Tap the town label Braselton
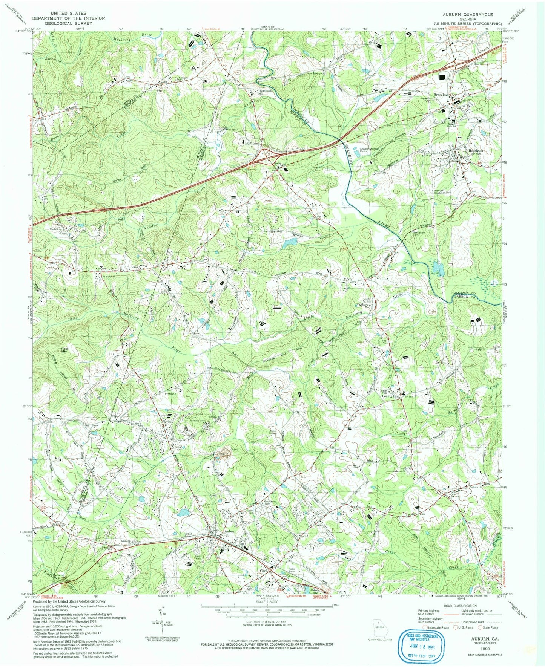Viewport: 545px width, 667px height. coord(441,95)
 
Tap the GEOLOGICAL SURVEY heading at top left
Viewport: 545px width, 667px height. coord(68,23)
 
